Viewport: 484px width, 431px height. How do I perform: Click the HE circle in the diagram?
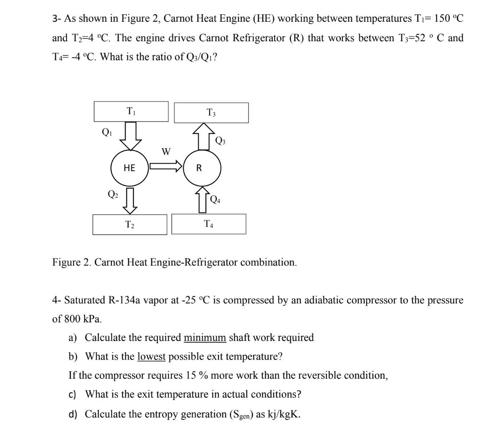click(x=130, y=168)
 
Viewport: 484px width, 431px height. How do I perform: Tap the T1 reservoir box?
click(x=131, y=111)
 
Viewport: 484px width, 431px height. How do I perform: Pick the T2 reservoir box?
click(x=130, y=224)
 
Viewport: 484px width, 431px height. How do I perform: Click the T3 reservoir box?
click(x=211, y=113)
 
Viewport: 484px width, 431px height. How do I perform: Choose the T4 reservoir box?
click(x=209, y=224)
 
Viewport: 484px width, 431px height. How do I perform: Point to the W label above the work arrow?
click(x=166, y=152)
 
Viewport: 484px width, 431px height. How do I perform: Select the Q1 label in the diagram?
click(x=106, y=132)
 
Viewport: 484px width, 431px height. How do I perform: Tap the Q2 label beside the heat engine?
click(x=113, y=193)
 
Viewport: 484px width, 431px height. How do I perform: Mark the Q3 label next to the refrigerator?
click(x=220, y=141)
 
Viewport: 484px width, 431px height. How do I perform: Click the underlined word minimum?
click(x=205, y=337)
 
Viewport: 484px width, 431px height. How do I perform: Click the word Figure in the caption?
click(x=64, y=262)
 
